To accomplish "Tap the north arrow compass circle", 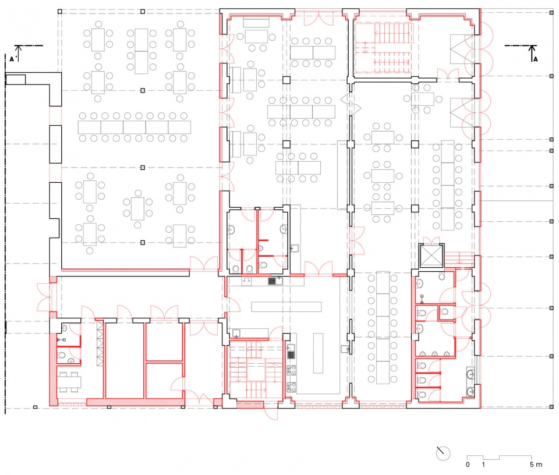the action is click(x=443, y=453).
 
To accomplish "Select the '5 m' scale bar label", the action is click(x=536, y=465).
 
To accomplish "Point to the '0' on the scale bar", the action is click(x=468, y=465).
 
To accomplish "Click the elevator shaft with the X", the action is click(x=431, y=256).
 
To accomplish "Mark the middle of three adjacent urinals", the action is click(x=434, y=354).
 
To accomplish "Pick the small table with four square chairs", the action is click(x=70, y=382).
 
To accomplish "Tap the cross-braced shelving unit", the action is click(x=100, y=343).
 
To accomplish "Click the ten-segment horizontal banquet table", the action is click(x=135, y=127).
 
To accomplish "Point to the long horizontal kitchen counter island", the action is click(x=286, y=307).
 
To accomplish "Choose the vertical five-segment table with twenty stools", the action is click(x=383, y=328).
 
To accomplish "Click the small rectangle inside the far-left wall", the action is click(x=16, y=80).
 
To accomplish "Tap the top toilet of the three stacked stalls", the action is click(x=422, y=366).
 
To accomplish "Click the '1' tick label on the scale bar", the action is click(x=483, y=465).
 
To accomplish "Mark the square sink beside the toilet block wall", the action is click(x=295, y=249).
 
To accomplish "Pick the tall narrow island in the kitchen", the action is click(x=318, y=353).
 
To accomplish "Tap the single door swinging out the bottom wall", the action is click(x=271, y=413).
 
